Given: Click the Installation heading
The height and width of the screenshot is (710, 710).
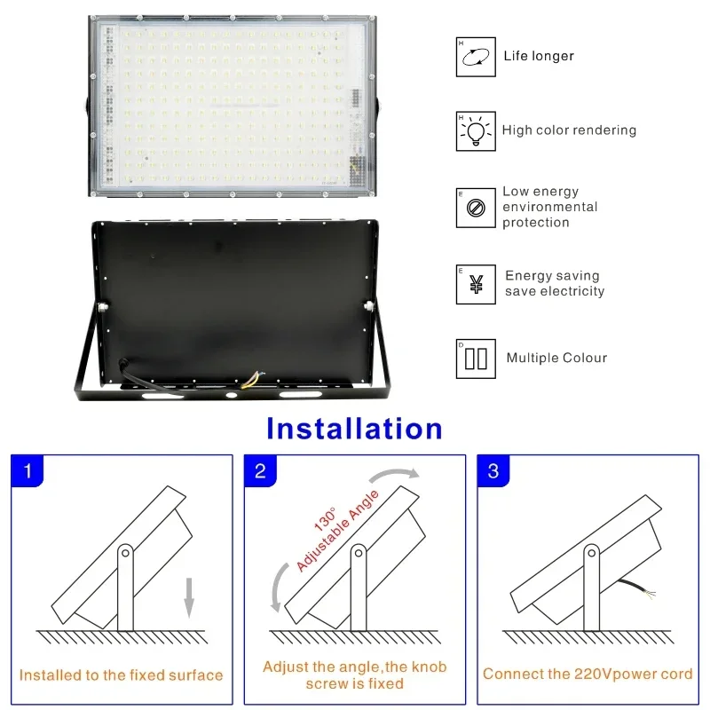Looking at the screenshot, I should (x=354, y=429).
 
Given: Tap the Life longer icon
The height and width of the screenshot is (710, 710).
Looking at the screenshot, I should (x=476, y=57).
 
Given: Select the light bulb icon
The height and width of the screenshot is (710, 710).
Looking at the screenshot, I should (x=476, y=131).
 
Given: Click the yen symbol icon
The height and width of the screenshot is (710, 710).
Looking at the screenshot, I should (x=476, y=285).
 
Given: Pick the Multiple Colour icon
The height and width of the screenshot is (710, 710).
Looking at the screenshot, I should (x=476, y=359).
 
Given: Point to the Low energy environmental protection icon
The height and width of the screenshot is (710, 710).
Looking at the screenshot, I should (x=476, y=208).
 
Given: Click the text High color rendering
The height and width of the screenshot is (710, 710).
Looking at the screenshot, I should (x=569, y=130).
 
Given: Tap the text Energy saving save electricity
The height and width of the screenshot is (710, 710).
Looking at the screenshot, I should (x=555, y=284).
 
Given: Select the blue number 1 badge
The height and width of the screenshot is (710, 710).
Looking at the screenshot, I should (x=28, y=471).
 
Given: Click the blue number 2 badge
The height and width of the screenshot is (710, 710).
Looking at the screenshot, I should (x=260, y=471).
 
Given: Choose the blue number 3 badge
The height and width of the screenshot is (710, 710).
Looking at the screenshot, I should (x=493, y=471).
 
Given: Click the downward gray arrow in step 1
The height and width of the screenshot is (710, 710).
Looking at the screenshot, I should (x=188, y=595).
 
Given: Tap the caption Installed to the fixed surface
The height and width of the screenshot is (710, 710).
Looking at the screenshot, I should (x=121, y=675).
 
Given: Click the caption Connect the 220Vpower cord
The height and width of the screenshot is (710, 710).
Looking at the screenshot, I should (x=587, y=674).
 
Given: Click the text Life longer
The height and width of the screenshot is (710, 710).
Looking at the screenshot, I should (x=539, y=57).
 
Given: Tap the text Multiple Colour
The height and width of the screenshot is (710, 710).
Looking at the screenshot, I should (x=556, y=359).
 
